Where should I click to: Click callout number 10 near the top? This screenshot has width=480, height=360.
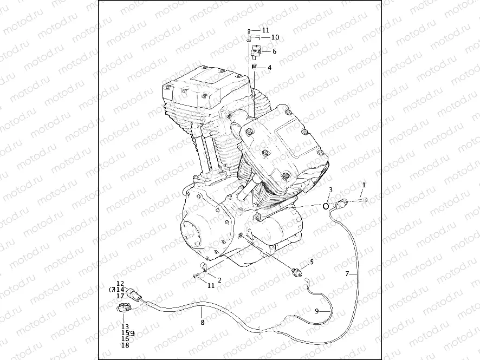[x=275, y=37]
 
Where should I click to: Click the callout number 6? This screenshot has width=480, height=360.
[x=274, y=51]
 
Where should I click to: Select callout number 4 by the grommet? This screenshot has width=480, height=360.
[x=269, y=68]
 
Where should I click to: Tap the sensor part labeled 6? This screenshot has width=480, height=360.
[x=256, y=51]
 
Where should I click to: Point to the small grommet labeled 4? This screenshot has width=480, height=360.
[x=253, y=67]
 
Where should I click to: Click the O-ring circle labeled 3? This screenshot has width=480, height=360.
[x=326, y=206]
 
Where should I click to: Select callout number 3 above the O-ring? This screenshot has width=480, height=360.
[x=330, y=190]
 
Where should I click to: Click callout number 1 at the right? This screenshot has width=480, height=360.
[x=364, y=185]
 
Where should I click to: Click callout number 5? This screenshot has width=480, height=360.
[x=312, y=262]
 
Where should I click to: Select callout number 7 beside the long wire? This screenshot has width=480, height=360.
[x=347, y=274]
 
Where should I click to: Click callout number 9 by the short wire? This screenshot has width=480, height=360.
[x=319, y=312]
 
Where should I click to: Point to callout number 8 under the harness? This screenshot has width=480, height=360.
[x=202, y=323]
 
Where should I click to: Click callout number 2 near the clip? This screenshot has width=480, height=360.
[x=219, y=280]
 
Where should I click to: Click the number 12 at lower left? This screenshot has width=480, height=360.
[x=120, y=283]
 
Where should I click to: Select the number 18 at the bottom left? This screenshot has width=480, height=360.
[x=125, y=345]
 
